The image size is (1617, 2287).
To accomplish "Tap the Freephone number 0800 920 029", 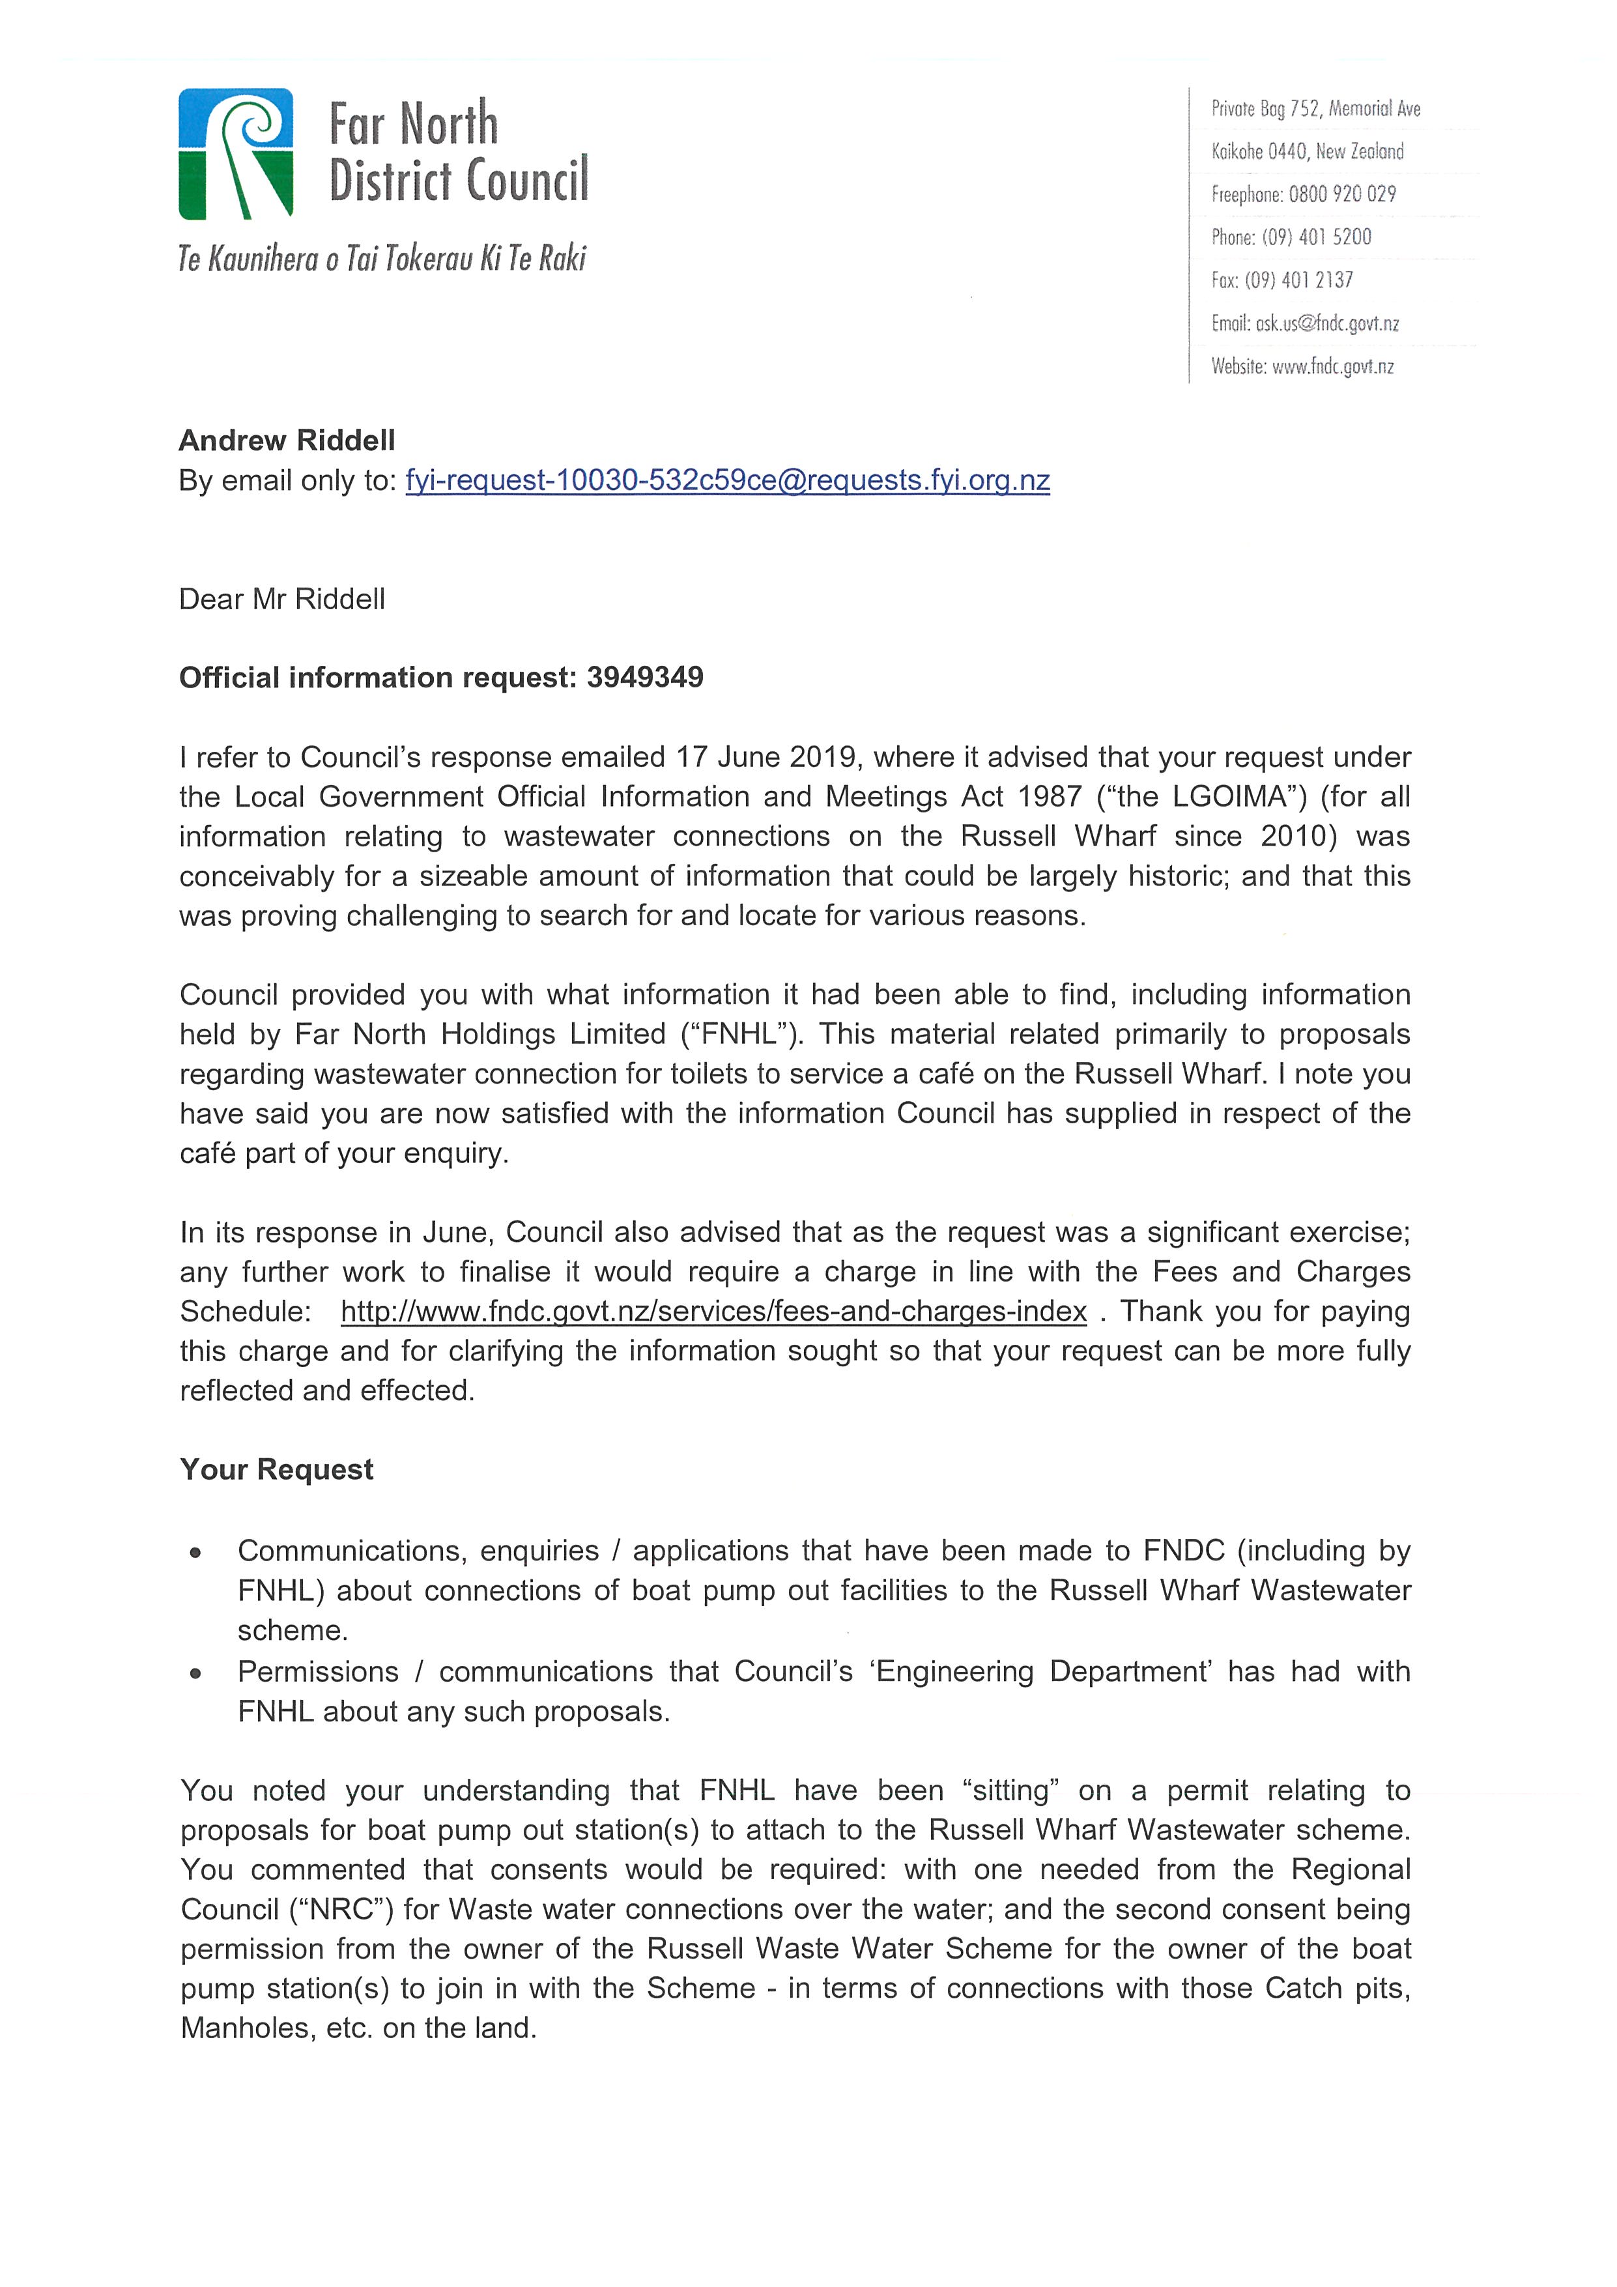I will click(1341, 194).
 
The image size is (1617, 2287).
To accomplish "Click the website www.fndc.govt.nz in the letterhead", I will click(1332, 367).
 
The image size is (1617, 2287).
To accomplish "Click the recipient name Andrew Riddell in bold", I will click(287, 440).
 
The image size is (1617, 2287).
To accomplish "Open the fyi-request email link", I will click(727, 481).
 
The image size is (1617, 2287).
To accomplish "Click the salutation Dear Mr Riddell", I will click(282, 599).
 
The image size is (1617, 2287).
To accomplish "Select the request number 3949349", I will click(644, 678).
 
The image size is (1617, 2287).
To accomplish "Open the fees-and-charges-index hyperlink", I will click(713, 1312).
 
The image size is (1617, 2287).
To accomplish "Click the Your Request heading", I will click(277, 1469).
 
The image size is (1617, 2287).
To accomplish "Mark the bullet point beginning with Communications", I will click(196, 1552).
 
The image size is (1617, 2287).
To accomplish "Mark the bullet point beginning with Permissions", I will click(196, 1673).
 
